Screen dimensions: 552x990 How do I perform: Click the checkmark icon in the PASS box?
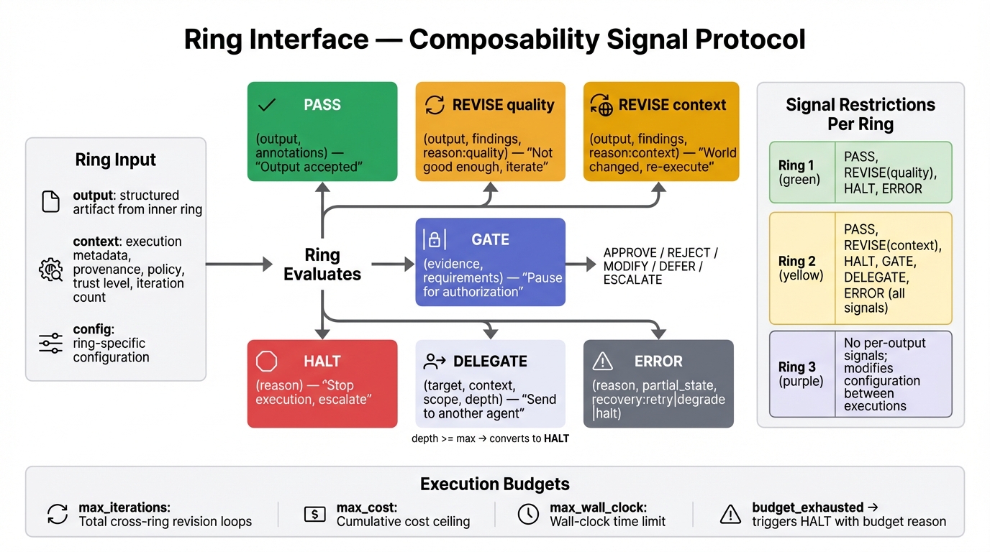click(x=267, y=105)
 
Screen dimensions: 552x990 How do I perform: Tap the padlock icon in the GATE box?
click(x=435, y=239)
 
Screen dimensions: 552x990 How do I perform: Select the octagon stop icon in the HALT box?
click(x=267, y=361)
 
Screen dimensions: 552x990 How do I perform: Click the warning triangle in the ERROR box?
click(x=602, y=361)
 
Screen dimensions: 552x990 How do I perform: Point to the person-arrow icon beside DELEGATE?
click(x=435, y=361)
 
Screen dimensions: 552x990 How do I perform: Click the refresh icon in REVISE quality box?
click(x=435, y=105)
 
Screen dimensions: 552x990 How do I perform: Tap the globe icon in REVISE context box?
click(x=601, y=106)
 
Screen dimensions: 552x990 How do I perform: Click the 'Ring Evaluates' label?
click(x=322, y=264)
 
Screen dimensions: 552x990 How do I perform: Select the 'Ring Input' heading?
click(x=115, y=160)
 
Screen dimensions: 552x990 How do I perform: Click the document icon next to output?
click(x=50, y=202)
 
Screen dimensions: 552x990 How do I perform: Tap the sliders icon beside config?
click(x=50, y=344)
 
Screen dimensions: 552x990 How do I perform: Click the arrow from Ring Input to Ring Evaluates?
click(x=237, y=264)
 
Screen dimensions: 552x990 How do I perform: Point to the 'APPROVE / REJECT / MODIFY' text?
click(x=660, y=266)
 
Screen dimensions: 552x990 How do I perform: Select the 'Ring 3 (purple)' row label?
click(x=801, y=374)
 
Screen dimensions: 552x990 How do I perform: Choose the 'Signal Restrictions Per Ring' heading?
click(x=860, y=114)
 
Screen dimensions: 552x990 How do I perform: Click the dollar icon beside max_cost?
click(x=314, y=514)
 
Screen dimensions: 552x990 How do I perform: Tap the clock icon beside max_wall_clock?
click(x=528, y=514)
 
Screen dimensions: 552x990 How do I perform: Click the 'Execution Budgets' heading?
click(x=494, y=484)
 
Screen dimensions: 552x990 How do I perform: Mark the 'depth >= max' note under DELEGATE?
click(x=490, y=438)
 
